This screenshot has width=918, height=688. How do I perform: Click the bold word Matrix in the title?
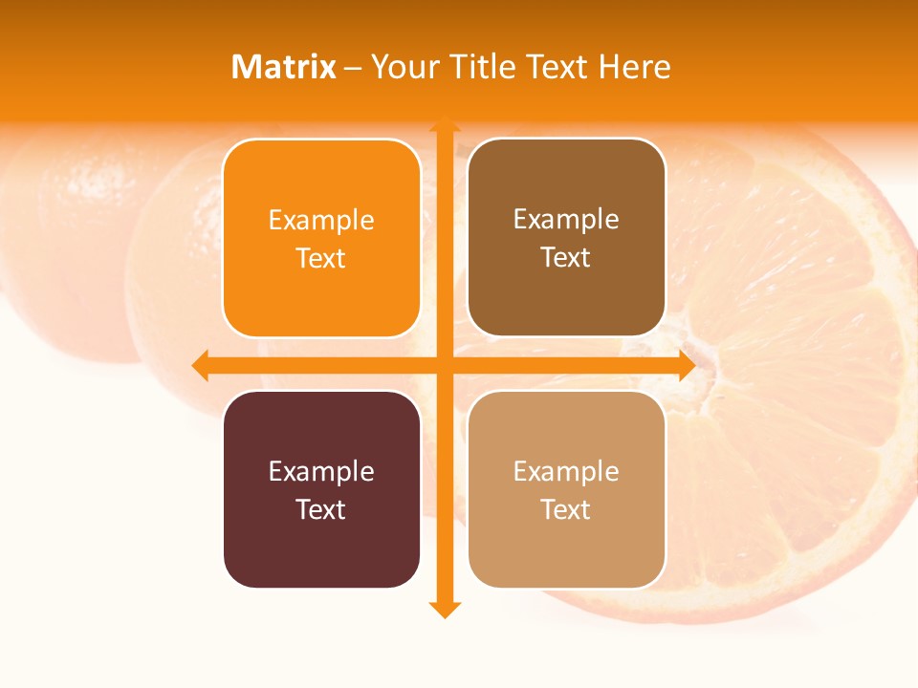[x=283, y=67]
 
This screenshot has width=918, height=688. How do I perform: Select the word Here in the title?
[x=634, y=67]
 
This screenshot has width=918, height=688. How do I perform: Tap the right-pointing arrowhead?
[x=686, y=365]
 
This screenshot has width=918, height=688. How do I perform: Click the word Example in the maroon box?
[x=321, y=471]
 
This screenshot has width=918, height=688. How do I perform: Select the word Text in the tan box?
[x=566, y=509]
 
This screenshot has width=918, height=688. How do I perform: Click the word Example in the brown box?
[x=566, y=220]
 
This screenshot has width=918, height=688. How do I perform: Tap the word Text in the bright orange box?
[x=321, y=259]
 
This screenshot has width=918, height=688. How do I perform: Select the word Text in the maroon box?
[x=321, y=509]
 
